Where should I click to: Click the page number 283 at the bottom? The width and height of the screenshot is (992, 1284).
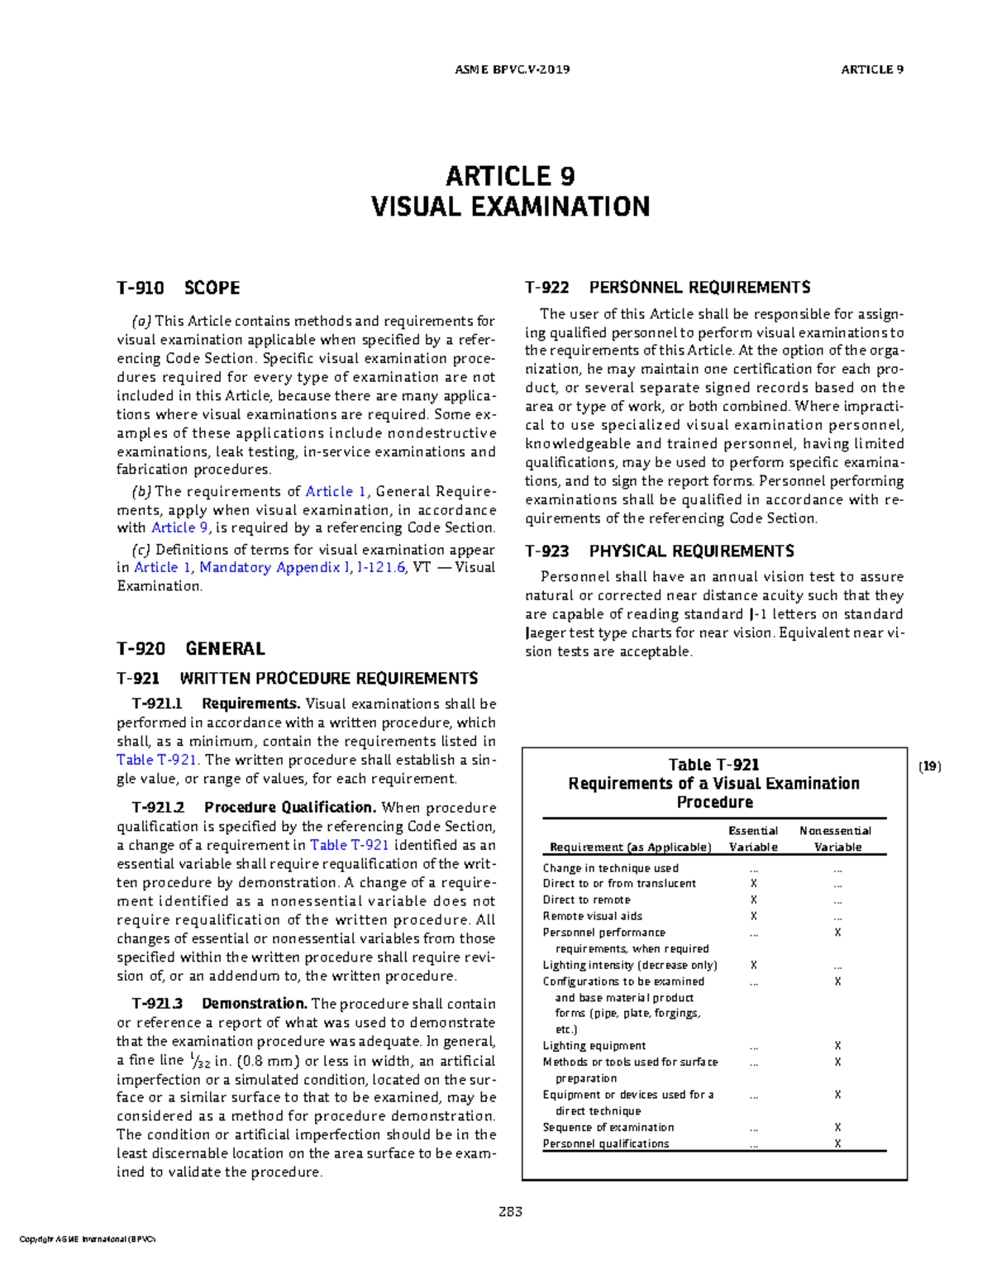[x=510, y=1212]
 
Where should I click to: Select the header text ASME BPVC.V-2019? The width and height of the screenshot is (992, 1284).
[x=512, y=69]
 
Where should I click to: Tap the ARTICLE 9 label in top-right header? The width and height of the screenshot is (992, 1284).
[x=871, y=69]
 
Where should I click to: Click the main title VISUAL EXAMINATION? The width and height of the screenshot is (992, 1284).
[x=510, y=207]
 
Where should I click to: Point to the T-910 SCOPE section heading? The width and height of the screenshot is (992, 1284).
[x=178, y=289]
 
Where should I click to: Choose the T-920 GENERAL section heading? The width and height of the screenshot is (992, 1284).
[x=190, y=649]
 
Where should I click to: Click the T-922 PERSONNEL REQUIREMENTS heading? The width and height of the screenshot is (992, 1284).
[x=667, y=288]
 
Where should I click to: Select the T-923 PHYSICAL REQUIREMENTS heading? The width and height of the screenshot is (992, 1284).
[x=659, y=551]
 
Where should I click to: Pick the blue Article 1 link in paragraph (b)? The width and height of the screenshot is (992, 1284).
[x=336, y=492]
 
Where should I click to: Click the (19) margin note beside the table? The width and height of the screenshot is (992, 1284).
[x=930, y=766]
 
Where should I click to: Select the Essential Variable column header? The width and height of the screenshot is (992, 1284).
[x=753, y=838]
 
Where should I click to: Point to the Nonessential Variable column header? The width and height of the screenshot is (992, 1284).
[x=837, y=838]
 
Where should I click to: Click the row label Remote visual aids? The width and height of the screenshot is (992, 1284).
[x=592, y=916]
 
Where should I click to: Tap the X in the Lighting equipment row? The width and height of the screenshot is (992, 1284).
[x=837, y=1046]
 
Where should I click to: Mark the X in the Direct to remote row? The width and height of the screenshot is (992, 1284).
[x=753, y=900]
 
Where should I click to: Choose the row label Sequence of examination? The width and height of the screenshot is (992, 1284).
[x=608, y=1128]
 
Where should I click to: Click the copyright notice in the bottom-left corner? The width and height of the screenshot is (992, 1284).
[x=87, y=1239]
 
